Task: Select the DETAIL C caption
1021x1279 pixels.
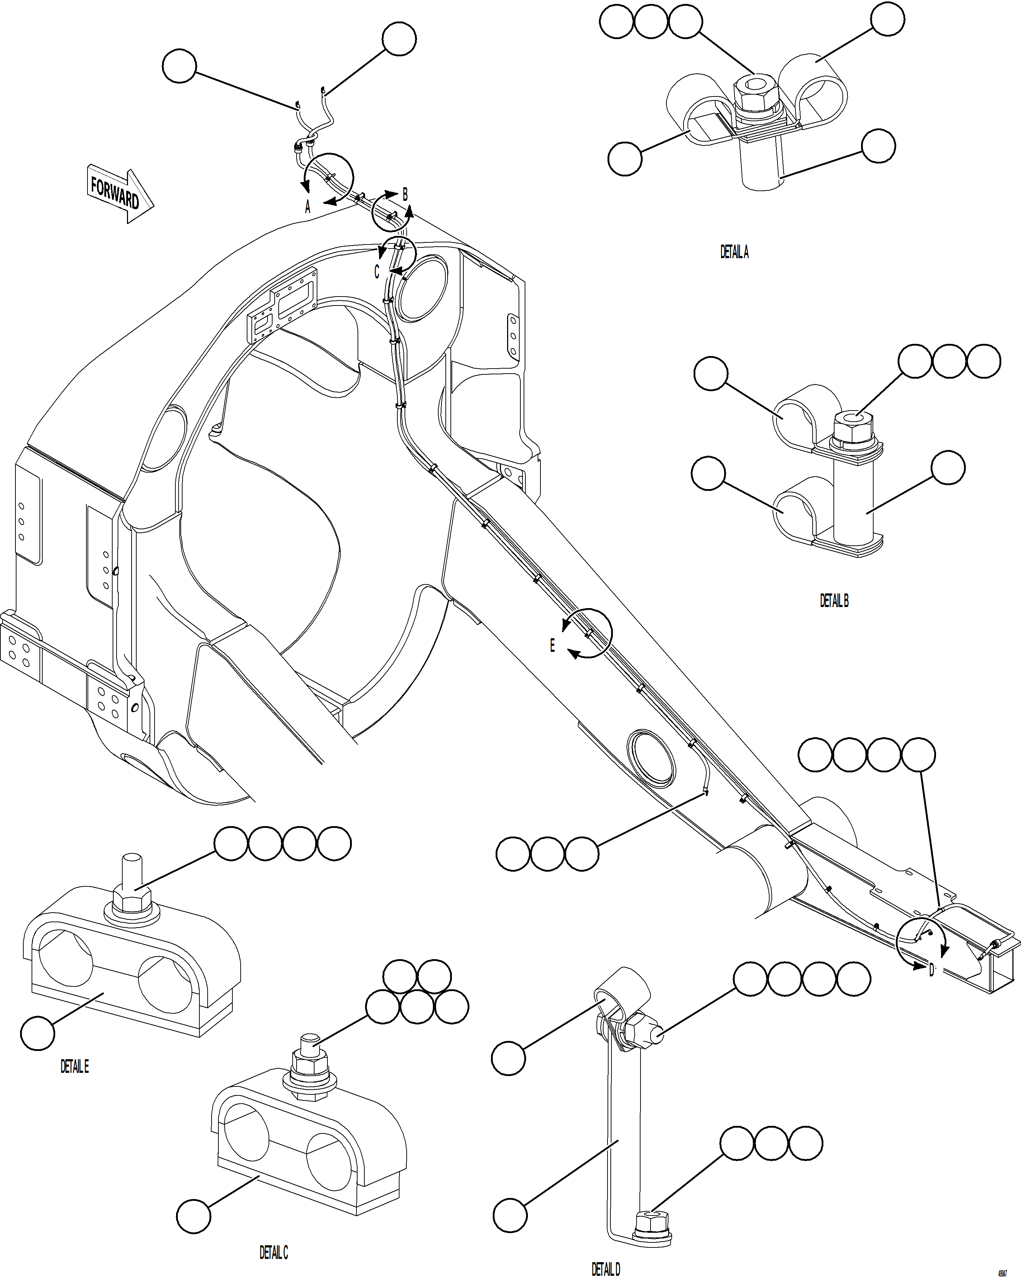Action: [x=274, y=1252]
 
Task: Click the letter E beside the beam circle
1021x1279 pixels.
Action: [x=552, y=645]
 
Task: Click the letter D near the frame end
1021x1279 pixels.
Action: [x=931, y=971]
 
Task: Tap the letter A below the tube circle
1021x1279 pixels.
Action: [x=307, y=207]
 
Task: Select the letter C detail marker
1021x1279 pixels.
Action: [x=376, y=272]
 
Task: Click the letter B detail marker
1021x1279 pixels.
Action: [x=405, y=194]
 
